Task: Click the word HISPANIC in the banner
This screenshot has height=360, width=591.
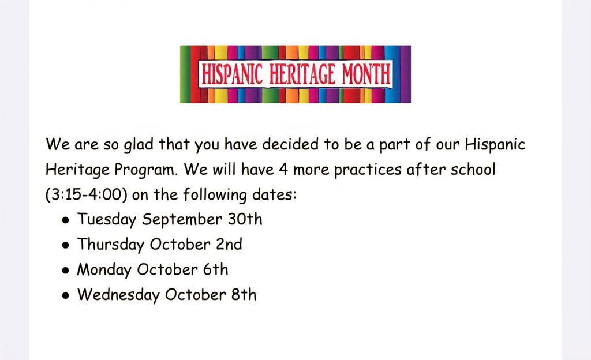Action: tap(231, 74)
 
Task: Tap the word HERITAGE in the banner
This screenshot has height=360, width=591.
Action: tap(302, 74)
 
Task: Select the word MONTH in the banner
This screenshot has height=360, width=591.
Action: tap(366, 74)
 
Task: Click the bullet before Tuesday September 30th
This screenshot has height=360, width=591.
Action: tap(66, 220)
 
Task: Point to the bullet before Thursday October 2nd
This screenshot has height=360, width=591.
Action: tap(66, 245)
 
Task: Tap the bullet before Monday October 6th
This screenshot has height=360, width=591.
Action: tap(66, 271)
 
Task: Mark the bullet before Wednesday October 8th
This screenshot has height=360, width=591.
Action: tap(66, 295)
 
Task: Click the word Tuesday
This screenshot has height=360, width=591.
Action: tap(107, 220)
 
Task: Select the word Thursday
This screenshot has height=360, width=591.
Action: tap(111, 245)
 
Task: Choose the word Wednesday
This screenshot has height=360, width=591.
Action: tap(118, 295)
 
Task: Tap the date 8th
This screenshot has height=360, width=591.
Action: tap(244, 295)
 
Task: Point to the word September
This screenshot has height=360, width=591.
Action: tap(182, 220)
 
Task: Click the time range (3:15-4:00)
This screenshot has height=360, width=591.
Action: tap(86, 194)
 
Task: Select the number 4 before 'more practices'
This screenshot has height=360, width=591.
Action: tap(283, 170)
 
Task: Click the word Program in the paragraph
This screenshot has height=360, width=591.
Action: tap(146, 170)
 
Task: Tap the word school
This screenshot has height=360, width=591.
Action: tap(473, 170)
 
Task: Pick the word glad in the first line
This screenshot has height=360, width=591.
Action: tap(139, 145)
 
